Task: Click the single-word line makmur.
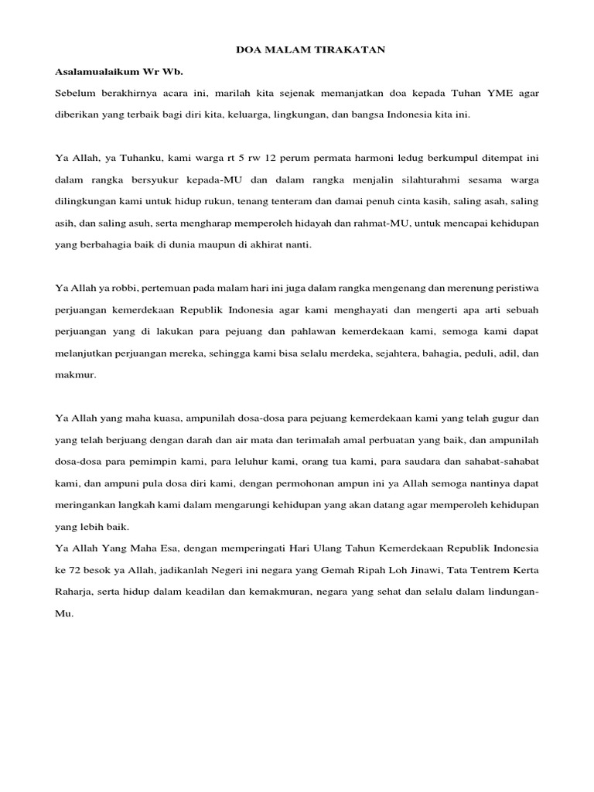(73, 374)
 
